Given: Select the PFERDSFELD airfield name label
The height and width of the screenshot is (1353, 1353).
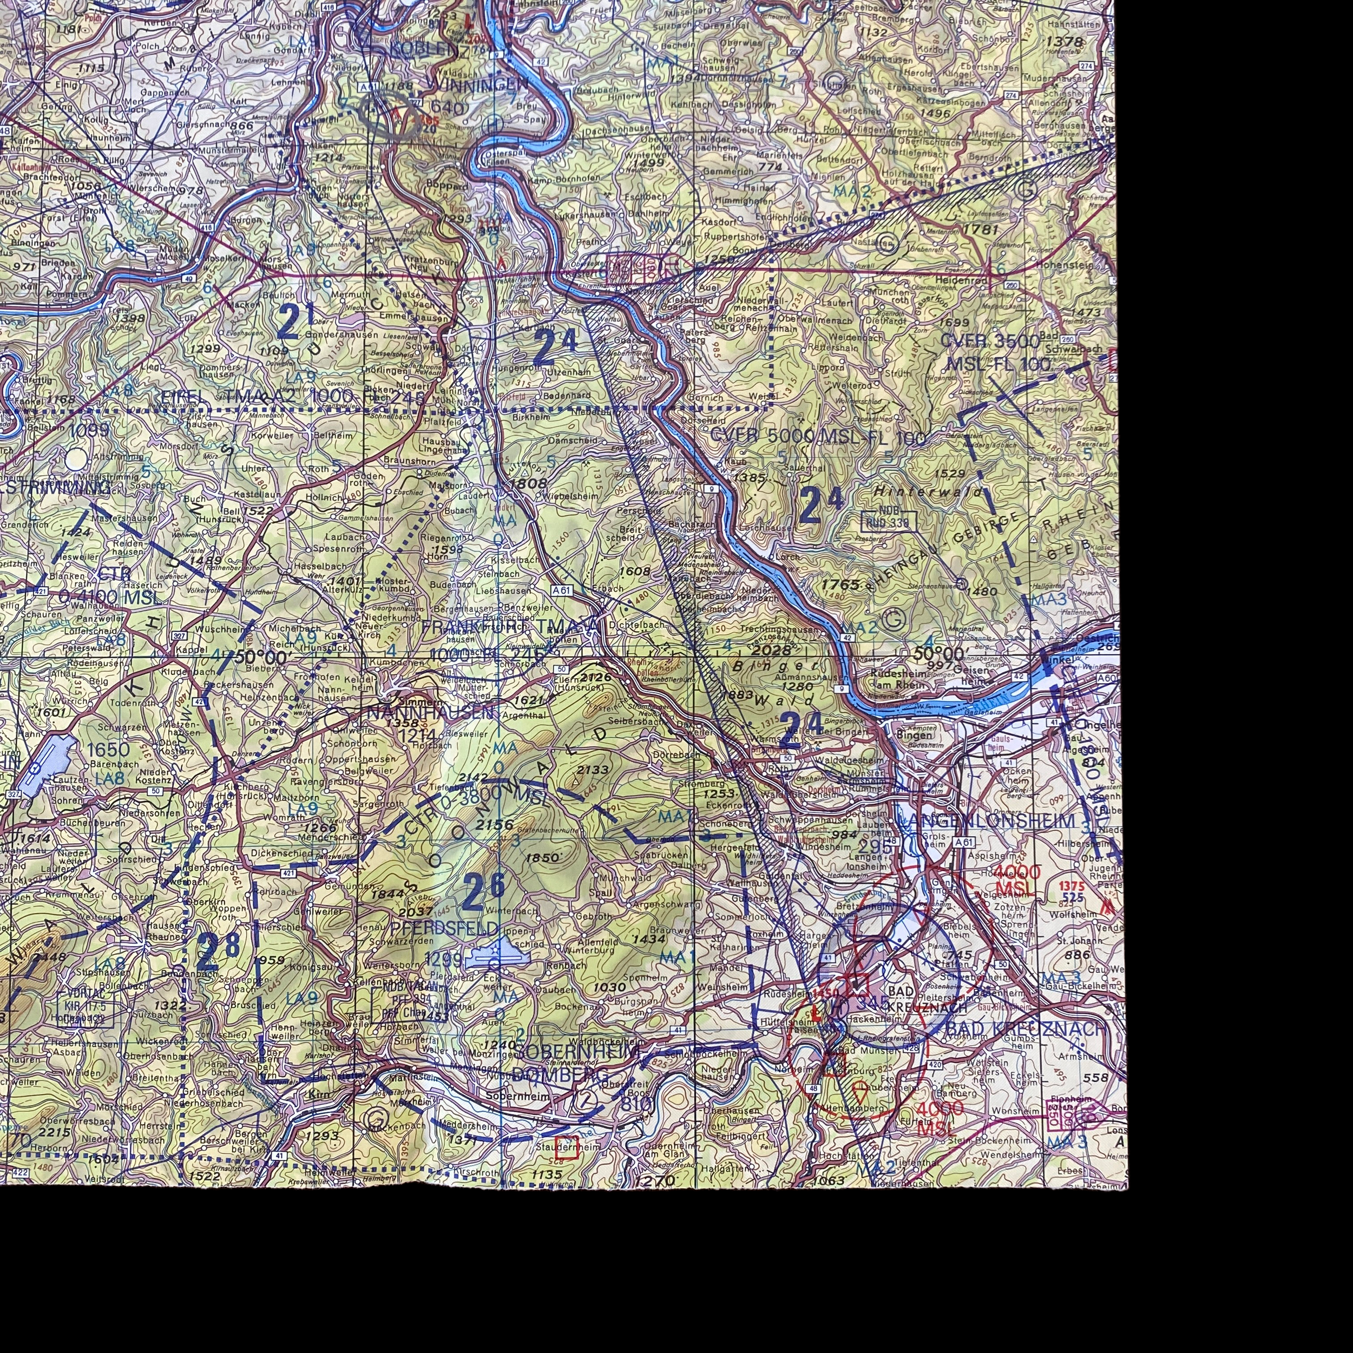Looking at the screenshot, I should pyautogui.click(x=445, y=929).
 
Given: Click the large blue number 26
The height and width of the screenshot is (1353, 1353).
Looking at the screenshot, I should pyautogui.click(x=484, y=889).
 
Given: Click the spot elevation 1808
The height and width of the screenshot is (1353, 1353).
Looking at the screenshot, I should pyautogui.click(x=528, y=483).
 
